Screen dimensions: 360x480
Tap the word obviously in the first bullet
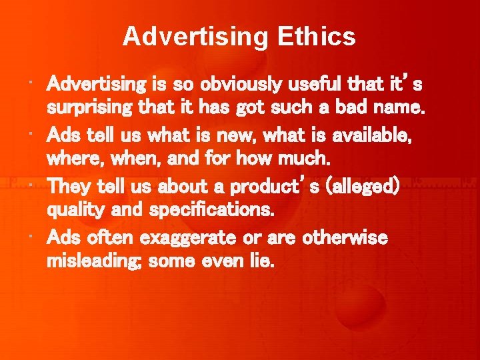pos(247,85)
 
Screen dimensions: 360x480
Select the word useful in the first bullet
pos(319,85)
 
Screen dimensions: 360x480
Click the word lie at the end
pos(262,261)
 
